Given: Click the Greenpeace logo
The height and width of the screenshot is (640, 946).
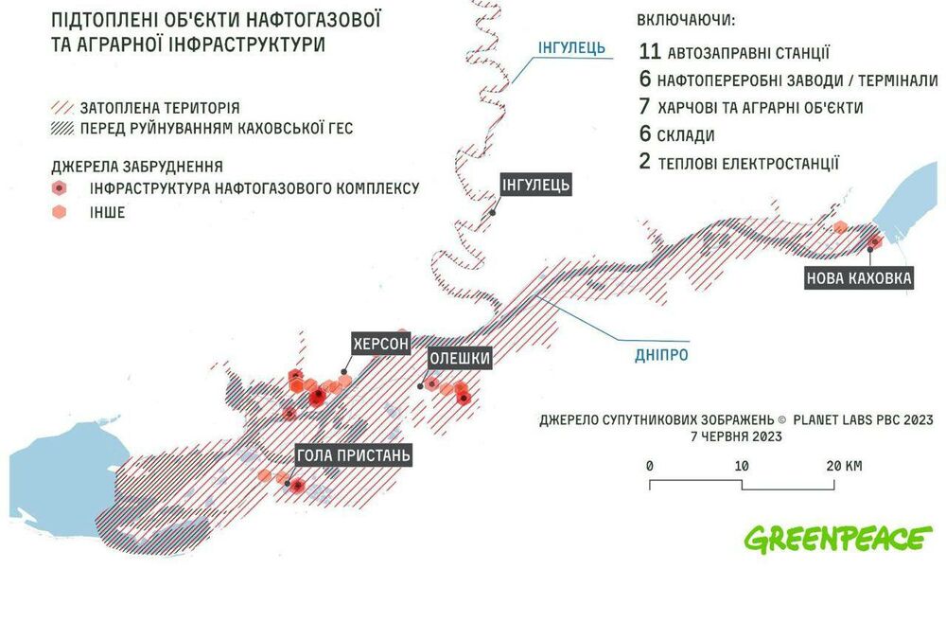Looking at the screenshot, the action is pyautogui.click(x=837, y=538).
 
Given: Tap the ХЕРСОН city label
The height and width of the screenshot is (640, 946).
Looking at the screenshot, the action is pyautogui.click(x=380, y=344).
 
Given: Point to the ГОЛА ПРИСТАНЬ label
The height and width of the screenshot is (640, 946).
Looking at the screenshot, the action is pyautogui.click(x=354, y=456).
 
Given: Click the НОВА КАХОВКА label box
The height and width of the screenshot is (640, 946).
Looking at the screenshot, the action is pyautogui.click(x=859, y=278).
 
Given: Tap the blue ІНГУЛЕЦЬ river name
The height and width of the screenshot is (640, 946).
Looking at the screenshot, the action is pyautogui.click(x=571, y=47).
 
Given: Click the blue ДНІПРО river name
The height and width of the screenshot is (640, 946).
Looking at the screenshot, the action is pyautogui.click(x=660, y=355).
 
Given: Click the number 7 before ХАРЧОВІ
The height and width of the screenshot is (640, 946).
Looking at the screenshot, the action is pyautogui.click(x=645, y=108).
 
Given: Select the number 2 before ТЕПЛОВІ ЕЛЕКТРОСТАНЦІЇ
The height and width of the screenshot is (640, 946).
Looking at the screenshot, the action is pyautogui.click(x=645, y=163).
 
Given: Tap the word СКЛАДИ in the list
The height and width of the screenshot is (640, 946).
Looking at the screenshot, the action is pyautogui.click(x=692, y=135).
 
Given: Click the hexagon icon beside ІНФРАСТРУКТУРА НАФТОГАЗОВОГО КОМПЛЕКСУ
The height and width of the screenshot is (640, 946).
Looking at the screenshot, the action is pyautogui.click(x=59, y=188).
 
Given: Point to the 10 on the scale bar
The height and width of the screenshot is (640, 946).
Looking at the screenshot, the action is pyautogui.click(x=742, y=466).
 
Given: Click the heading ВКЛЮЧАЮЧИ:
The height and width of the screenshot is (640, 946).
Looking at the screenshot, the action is pyautogui.click(x=686, y=20).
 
